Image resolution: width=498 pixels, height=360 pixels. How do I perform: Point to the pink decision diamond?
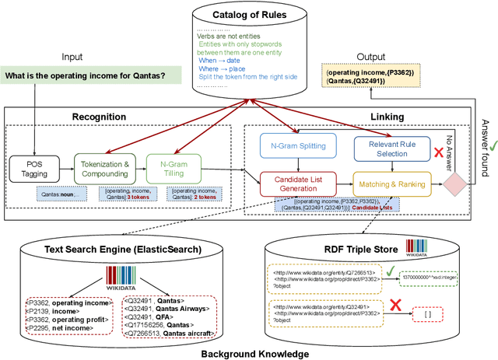coord(455,185)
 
